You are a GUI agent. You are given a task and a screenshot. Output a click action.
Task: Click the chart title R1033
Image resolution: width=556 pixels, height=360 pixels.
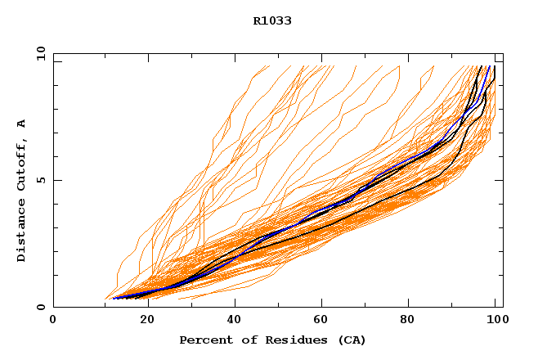(x=272, y=21)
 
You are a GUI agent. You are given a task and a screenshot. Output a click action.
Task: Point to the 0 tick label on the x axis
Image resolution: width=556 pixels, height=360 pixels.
(x=53, y=320)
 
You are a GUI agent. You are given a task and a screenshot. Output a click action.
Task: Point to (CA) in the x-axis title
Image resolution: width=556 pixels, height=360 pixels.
(x=351, y=340)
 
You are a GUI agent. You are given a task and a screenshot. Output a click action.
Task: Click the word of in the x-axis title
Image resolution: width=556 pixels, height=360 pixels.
(x=244, y=340)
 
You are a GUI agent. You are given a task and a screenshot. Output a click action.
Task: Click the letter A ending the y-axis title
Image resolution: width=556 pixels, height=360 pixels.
(x=21, y=124)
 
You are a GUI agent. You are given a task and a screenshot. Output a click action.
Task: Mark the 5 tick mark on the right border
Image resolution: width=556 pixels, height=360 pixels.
(x=500, y=180)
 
